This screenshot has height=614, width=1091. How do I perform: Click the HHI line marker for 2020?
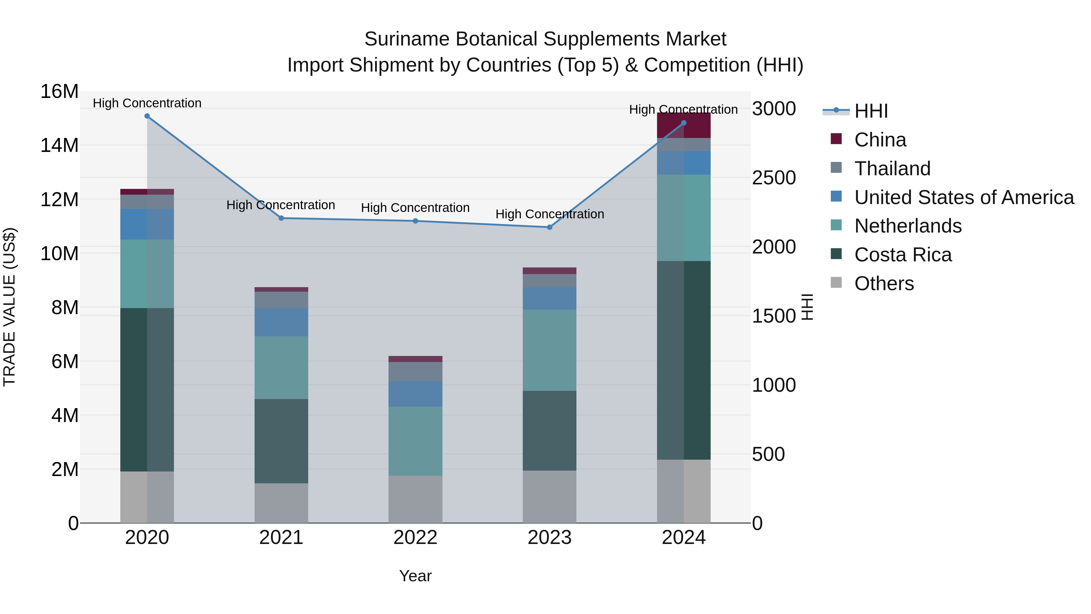(147, 116)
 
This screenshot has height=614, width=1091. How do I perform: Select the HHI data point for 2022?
(415, 221)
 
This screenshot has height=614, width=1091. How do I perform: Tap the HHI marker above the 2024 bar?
(684, 123)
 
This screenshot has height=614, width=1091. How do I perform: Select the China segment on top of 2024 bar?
(684, 126)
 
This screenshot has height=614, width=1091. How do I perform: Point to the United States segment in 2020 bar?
(147, 224)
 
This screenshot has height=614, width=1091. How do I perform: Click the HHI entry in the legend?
(871, 111)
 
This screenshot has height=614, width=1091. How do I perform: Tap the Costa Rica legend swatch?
(836, 254)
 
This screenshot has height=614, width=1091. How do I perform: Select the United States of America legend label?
(964, 197)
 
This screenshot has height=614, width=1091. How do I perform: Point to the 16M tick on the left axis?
(59, 92)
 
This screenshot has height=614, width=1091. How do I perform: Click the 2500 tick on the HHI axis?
(774, 178)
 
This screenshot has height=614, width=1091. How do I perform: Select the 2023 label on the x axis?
(549, 538)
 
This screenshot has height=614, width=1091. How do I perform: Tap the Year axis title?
(415, 576)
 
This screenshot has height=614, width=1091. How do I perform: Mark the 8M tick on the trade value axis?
(64, 308)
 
